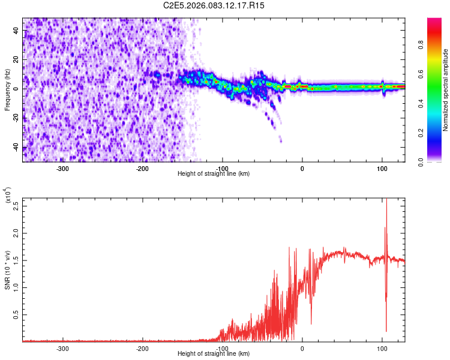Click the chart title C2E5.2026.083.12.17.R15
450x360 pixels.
pyautogui.click(x=214, y=5)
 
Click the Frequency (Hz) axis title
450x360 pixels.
pyautogui.click(x=7, y=90)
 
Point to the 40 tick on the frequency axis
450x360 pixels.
pyautogui.click(x=17, y=31)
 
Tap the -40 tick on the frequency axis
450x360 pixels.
pyautogui.click(x=17, y=146)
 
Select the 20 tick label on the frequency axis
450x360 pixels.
pyautogui.click(x=17, y=60)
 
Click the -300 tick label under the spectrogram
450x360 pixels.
pyautogui.click(x=63, y=168)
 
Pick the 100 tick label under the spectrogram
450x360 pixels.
pyautogui.click(x=382, y=168)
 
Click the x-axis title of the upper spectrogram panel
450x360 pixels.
pyautogui.click(x=214, y=173)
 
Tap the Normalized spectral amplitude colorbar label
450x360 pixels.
pyautogui.click(x=446, y=90)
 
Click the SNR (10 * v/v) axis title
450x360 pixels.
pyautogui.click(x=7, y=269)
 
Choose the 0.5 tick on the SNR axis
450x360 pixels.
pyautogui.click(x=17, y=314)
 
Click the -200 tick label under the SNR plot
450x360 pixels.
pyautogui.click(x=143, y=348)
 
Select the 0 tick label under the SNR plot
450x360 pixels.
pyautogui.click(x=302, y=348)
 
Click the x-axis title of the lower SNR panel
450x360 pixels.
pyautogui.click(x=214, y=353)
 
